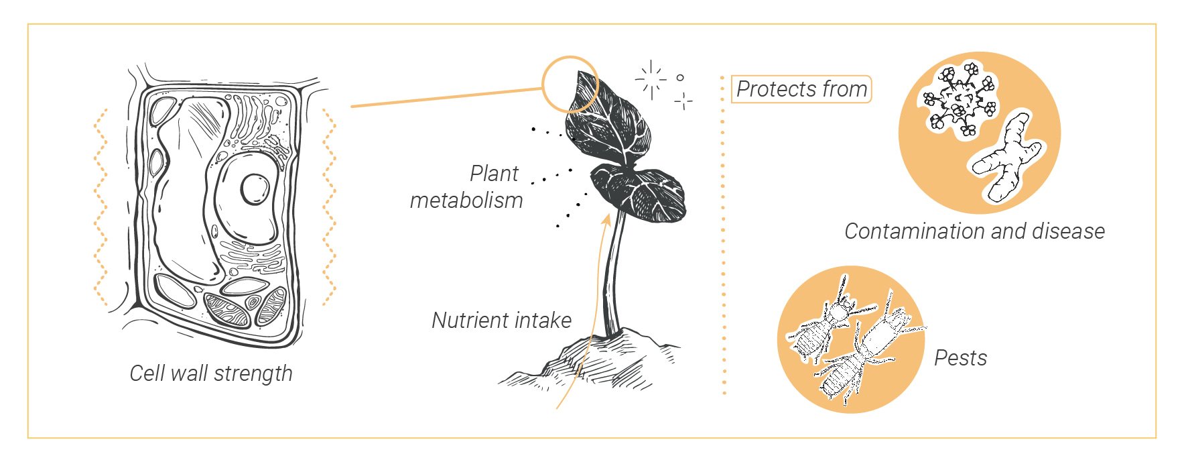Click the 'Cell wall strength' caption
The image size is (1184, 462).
pos(211,373)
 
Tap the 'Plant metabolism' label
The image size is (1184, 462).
pos(467,186)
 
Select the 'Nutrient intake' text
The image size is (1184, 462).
pos(501,321)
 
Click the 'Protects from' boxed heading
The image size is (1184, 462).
pos(801,89)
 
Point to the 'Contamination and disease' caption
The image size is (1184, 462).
pos(974,231)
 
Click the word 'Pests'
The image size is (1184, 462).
pos(960,358)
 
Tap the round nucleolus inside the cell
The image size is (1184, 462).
pos(255,188)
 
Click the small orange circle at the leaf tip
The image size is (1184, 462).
pos(570,83)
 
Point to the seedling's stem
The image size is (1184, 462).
pos(614,275)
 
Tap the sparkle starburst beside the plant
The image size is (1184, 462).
pos(651,79)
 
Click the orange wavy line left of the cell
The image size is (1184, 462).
pos(101,208)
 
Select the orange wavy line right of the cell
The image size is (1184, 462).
pos(329,208)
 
